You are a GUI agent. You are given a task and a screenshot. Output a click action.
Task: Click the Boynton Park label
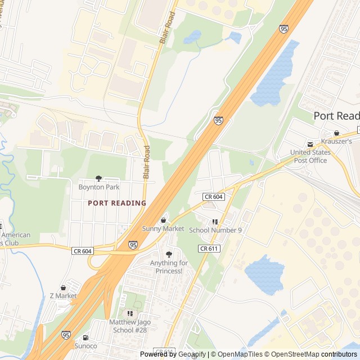pyautogui.click(x=98, y=186)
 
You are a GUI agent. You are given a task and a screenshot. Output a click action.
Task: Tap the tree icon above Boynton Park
pyautogui.click(x=98, y=178)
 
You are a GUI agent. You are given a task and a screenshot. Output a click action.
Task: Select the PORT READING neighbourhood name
pyautogui.click(x=117, y=203)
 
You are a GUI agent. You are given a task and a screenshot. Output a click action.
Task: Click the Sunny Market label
pyautogui.click(x=163, y=228)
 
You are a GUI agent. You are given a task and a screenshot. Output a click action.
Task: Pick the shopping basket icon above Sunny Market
pyautogui.click(x=163, y=220)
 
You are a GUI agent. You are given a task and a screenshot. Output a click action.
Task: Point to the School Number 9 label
pyautogui.click(x=215, y=230)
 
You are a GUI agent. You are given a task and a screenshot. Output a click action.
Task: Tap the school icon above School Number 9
pyautogui.click(x=215, y=222)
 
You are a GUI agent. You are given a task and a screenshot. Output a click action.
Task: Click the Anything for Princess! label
pyautogui.click(x=169, y=267)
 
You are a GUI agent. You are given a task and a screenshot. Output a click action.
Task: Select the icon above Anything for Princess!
pyautogui.click(x=169, y=254)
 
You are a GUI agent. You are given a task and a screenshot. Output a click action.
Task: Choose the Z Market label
pyautogui.click(x=63, y=296)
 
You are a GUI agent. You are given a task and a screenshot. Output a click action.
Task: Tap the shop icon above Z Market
pyautogui.click(x=63, y=287)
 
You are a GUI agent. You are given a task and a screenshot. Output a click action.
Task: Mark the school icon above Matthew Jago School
pyautogui.click(x=130, y=313)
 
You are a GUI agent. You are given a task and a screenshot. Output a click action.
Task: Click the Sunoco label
pyautogui.click(x=85, y=346)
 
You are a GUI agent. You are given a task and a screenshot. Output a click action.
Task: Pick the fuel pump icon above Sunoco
pyautogui.click(x=85, y=337)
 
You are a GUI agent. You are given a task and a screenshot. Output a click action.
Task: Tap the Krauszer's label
pyautogui.click(x=337, y=141)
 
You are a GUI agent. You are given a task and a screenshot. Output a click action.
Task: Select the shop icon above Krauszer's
pyautogui.click(x=336, y=133)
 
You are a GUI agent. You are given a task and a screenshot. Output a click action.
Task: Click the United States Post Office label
pyautogui.click(x=308, y=156)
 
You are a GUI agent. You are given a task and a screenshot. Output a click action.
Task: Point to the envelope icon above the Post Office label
pyautogui.click(x=309, y=145)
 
